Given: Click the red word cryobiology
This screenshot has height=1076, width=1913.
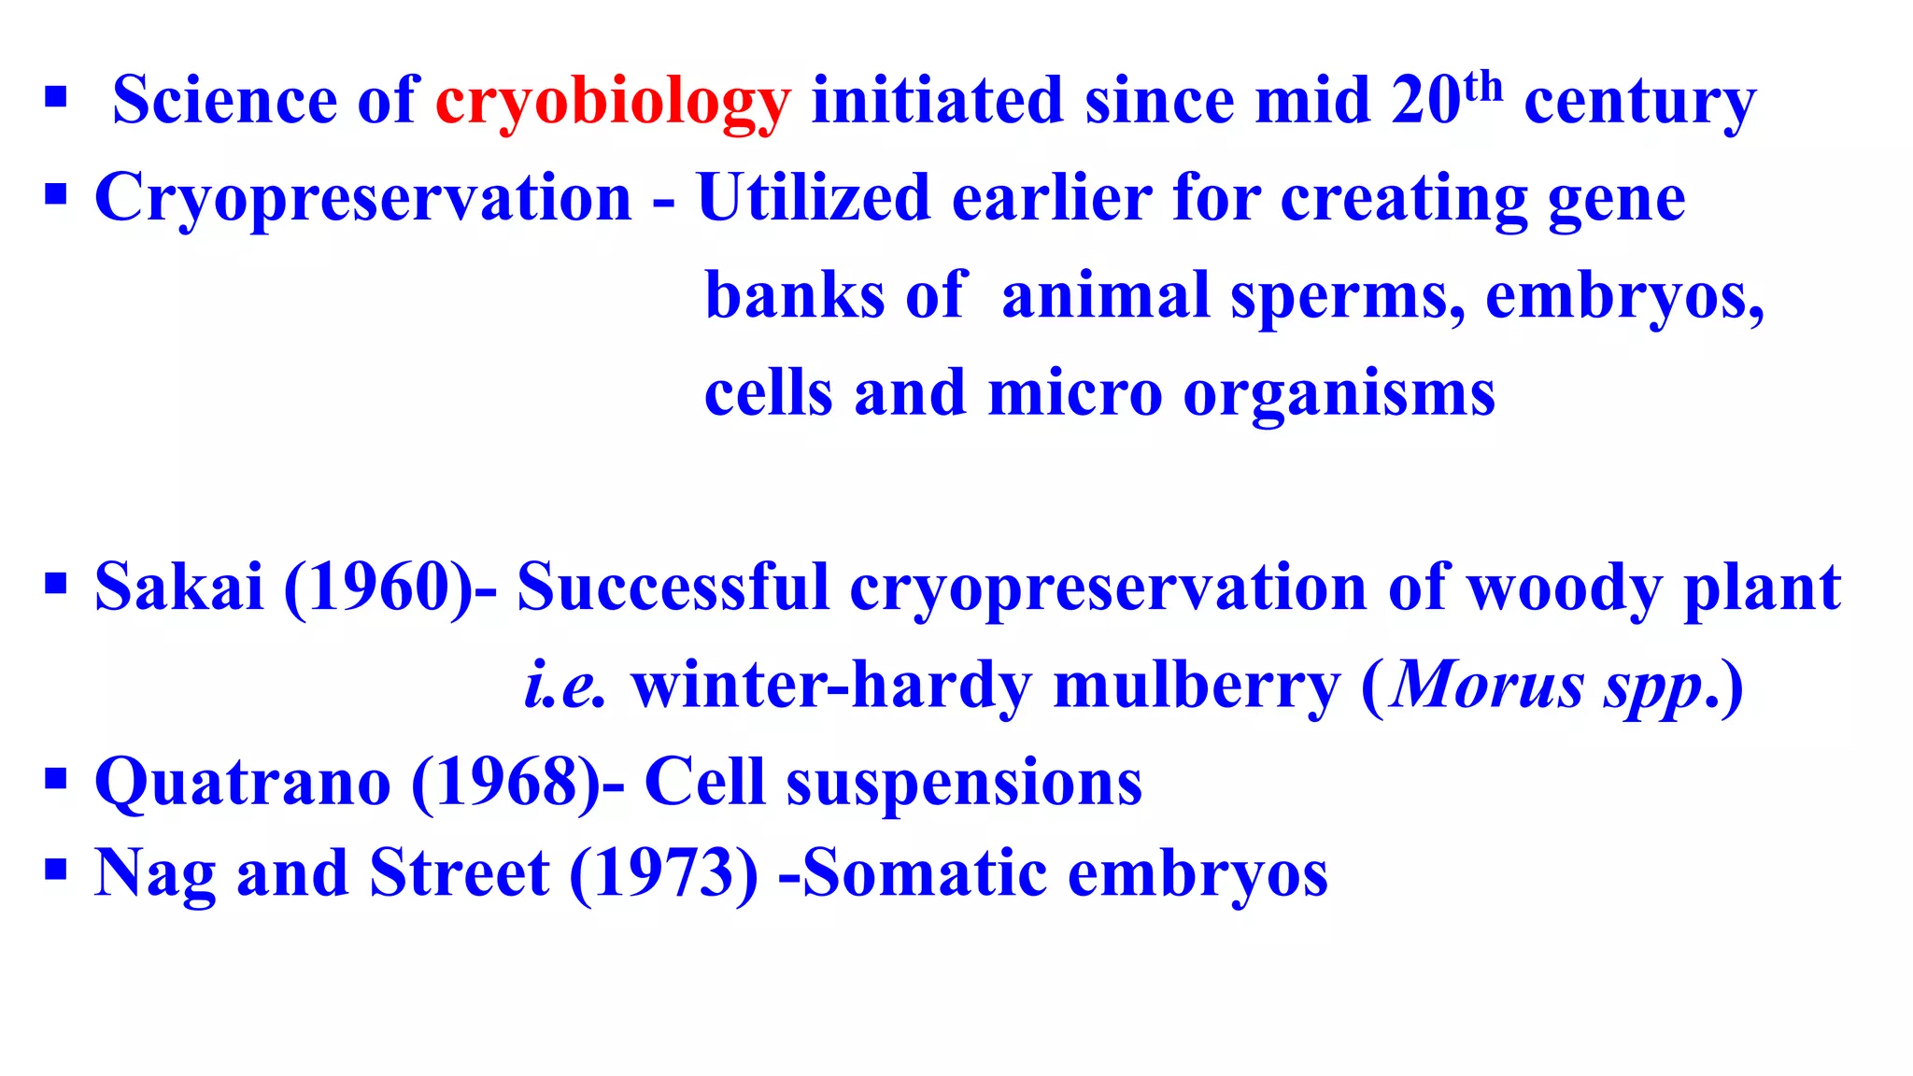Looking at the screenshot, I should [x=613, y=102].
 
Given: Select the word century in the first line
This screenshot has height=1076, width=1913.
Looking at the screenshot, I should [x=1639, y=102].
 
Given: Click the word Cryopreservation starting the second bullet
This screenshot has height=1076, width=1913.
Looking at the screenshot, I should [x=363, y=199].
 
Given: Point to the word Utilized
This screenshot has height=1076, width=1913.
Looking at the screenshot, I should [x=814, y=198].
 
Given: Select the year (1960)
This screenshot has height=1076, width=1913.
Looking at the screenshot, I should [x=379, y=588].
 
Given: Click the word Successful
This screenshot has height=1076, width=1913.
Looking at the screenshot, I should [x=673, y=588].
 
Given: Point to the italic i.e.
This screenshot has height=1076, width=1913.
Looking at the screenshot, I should [x=564, y=686].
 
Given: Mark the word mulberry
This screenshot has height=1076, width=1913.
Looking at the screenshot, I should [x=1196, y=687].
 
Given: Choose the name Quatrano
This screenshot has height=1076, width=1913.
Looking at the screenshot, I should [x=243, y=783].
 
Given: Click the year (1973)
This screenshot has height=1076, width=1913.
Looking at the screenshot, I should [x=664, y=873].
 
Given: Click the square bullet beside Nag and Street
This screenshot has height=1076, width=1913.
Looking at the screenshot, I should [x=56, y=870].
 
